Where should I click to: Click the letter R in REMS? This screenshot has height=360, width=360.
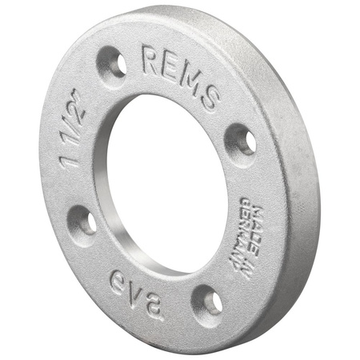click(x=152, y=61)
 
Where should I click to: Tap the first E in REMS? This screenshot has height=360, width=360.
click(x=171, y=68)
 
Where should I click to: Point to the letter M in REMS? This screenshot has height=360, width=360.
click(x=190, y=80)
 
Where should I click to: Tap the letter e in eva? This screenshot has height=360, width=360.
click(x=118, y=282)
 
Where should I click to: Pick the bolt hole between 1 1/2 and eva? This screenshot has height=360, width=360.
click(x=83, y=220)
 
